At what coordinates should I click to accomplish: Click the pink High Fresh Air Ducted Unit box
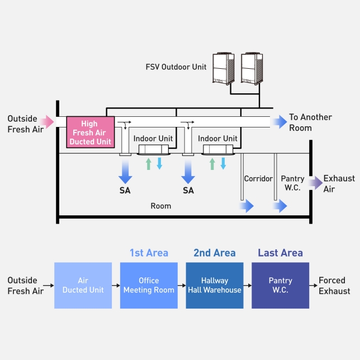point(90,132)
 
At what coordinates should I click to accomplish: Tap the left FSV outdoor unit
point(224,68)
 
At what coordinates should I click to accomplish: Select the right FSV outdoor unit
point(251,68)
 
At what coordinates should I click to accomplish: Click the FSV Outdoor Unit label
point(176,67)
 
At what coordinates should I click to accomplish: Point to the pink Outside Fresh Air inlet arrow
point(60,121)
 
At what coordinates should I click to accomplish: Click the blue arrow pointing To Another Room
point(278,122)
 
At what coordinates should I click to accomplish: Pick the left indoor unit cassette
point(152,149)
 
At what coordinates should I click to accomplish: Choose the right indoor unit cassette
point(217,149)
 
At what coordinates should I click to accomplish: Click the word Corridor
point(258,179)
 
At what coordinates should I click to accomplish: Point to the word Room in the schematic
point(160,206)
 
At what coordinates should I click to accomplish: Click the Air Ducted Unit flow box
point(83,286)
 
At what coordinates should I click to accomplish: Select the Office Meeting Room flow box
point(149,286)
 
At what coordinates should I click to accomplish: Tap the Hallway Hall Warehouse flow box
point(215,286)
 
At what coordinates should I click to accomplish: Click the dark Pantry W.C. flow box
point(280,286)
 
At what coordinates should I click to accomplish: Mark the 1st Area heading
point(149,253)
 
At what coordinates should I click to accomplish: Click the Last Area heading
point(280,253)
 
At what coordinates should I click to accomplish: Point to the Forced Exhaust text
point(334,286)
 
